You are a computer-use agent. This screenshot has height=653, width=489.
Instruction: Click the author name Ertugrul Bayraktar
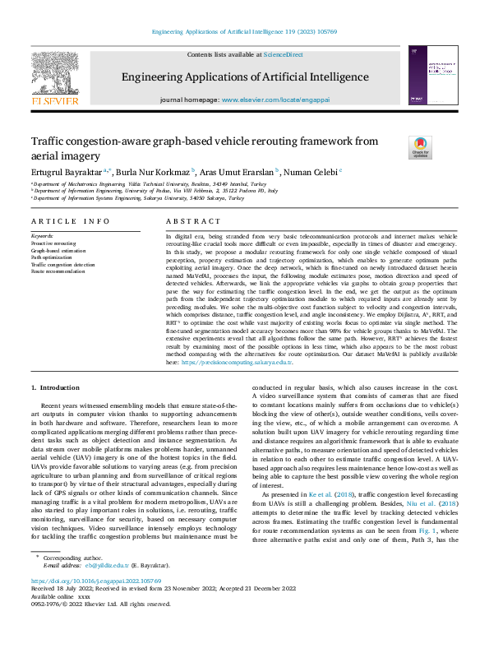click(67, 172)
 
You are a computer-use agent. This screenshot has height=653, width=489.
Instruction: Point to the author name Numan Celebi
click(311, 172)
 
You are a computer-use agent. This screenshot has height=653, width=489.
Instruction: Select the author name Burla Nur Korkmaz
click(157, 172)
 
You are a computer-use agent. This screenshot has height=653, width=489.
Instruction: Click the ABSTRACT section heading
click(193, 221)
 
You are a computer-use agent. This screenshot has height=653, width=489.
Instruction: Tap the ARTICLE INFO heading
click(70, 221)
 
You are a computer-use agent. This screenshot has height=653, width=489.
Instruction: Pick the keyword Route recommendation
click(57, 273)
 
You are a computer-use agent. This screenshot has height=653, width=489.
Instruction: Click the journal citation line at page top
click(244, 31)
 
